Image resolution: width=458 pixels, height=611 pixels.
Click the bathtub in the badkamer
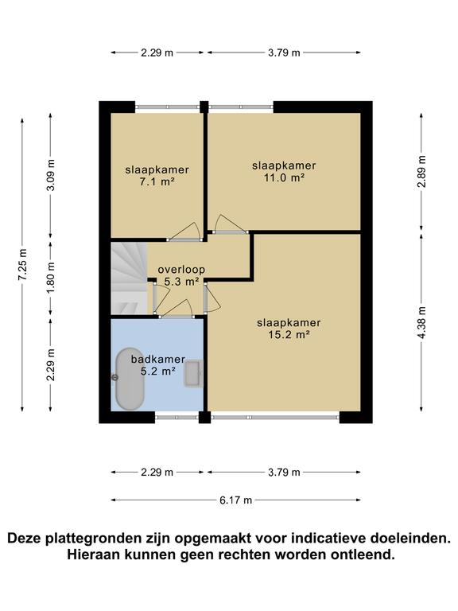[130, 379]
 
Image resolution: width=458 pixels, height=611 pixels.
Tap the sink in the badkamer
[193, 374]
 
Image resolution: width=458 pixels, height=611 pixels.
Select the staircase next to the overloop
[129, 278]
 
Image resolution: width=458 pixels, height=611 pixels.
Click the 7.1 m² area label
[157, 181]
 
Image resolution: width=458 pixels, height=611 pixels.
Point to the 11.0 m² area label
[284, 177]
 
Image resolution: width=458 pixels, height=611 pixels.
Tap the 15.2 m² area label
[289, 335]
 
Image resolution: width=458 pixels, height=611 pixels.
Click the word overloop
[181, 269]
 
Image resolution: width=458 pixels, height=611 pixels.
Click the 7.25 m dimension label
[22, 264]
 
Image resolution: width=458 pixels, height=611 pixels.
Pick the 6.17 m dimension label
[235, 500]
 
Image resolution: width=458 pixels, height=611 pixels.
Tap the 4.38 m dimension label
[421, 323]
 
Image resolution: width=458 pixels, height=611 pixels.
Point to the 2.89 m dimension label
[421, 172]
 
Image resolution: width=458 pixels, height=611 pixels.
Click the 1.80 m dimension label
[51, 278]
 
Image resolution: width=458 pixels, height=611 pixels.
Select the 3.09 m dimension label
[51, 175]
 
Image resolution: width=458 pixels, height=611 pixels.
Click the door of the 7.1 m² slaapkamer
[184, 233]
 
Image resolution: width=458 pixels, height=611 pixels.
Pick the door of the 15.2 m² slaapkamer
[212, 298]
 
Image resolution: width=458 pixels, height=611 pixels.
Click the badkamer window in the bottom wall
[177, 418]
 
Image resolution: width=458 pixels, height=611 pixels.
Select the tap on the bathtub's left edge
[114, 377]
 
